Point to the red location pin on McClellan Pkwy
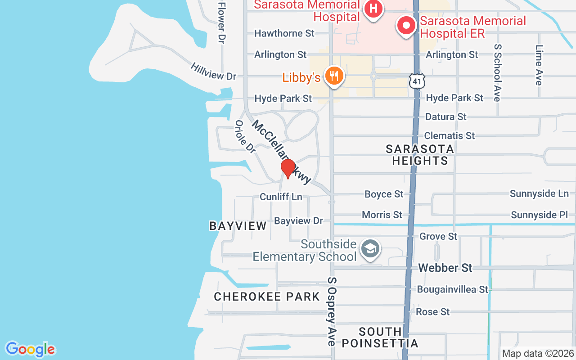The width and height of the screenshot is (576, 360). (288, 168)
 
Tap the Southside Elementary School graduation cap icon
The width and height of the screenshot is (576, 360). (370, 248)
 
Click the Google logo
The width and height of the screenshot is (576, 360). (30, 349)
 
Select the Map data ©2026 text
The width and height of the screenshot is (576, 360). (538, 354)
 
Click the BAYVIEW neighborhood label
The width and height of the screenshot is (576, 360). (238, 226)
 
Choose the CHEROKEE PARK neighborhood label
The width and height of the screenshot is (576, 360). (267, 297)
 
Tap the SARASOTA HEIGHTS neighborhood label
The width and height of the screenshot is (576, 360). (420, 154)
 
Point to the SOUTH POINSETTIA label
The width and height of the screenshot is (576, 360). (380, 337)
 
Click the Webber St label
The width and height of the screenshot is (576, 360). (445, 268)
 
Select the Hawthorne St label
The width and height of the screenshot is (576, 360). (284, 33)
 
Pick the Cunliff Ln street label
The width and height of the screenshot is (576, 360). (281, 197)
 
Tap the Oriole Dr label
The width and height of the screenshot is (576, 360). (245, 136)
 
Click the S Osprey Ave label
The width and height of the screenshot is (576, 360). (332, 311)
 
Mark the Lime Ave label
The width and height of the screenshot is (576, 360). (539, 65)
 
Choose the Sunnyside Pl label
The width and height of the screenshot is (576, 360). (539, 215)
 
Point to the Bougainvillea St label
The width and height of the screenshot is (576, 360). (452, 289)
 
